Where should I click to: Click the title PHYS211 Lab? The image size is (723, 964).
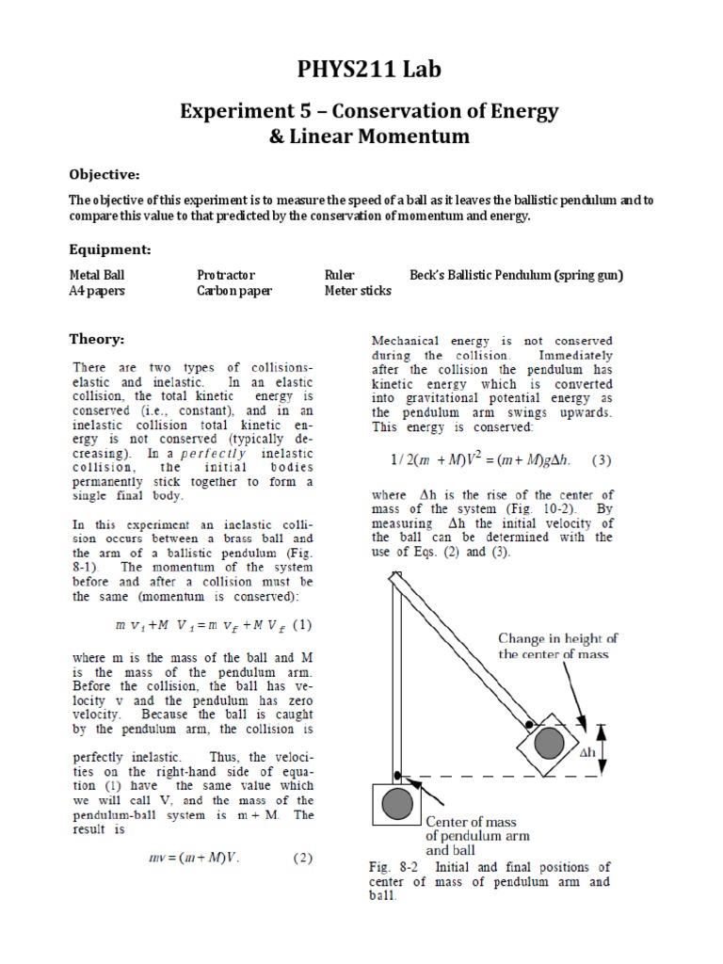click(361, 69)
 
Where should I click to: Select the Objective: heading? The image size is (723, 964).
click(104, 174)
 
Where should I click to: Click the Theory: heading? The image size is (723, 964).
click(97, 339)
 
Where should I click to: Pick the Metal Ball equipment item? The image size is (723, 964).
click(97, 275)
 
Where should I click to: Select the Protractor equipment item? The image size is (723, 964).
click(225, 275)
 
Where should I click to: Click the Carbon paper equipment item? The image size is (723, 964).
click(233, 291)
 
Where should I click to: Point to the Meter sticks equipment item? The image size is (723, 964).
click(358, 291)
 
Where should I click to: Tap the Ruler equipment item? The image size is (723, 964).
click(339, 275)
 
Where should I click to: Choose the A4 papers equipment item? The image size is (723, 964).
click(97, 291)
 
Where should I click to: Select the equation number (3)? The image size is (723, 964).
click(602, 460)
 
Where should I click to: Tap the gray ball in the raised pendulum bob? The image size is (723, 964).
click(549, 744)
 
